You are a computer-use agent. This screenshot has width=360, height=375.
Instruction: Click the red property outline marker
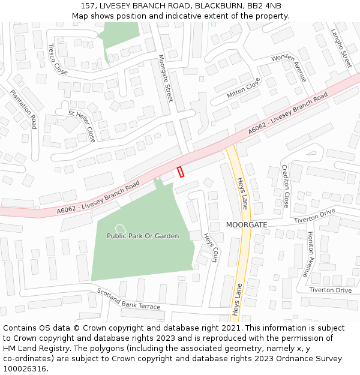(181, 172)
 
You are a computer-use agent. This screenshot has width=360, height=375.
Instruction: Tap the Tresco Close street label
(58, 59)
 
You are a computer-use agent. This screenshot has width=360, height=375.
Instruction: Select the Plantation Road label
(23, 109)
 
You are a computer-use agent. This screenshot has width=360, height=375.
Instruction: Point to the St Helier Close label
(82, 125)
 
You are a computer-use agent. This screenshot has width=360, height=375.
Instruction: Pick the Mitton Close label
(244, 88)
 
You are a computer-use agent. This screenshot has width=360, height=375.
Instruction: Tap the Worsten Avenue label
(289, 68)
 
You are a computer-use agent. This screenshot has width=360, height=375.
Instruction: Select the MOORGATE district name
(247, 224)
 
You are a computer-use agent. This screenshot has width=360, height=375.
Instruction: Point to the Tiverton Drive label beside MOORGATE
(314, 217)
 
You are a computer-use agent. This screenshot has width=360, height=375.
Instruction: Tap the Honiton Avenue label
(311, 250)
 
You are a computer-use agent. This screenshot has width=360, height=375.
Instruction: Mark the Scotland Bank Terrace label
(128, 299)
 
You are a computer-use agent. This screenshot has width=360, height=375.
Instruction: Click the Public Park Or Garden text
(143, 236)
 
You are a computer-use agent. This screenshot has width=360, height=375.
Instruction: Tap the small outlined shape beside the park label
(120, 227)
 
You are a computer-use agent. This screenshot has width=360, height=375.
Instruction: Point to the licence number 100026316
(25, 368)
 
